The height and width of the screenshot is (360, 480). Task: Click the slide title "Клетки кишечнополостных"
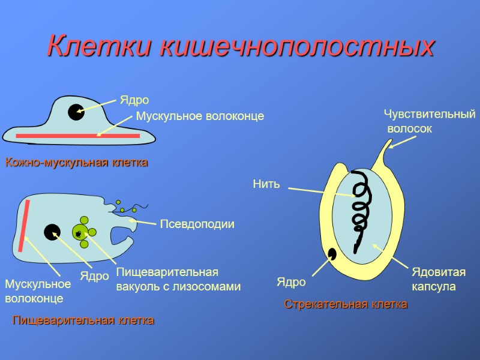[x=240, y=46]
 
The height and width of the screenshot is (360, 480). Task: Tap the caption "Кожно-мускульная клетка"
[x=76, y=163]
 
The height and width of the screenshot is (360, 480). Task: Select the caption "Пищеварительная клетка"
[x=83, y=320]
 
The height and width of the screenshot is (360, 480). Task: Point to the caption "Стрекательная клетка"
[x=346, y=304]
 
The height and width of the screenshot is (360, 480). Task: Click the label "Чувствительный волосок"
[x=428, y=121]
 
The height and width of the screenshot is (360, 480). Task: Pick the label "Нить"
[x=266, y=184]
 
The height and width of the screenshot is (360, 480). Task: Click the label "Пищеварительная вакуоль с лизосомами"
[x=178, y=279]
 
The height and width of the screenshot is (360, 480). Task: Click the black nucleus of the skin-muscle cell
[x=76, y=112]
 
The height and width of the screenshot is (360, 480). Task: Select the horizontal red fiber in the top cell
[x=77, y=136]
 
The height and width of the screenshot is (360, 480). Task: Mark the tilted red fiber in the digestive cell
[x=24, y=226]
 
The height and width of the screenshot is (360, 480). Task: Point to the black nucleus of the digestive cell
[x=52, y=232]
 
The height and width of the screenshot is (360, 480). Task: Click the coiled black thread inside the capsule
[x=361, y=207]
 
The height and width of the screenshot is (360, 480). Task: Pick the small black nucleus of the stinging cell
[x=331, y=254]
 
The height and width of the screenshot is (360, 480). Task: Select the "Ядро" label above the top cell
[x=134, y=100]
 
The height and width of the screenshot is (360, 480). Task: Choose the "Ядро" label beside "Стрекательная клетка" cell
[x=291, y=282]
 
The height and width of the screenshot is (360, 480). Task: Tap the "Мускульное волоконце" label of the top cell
[x=200, y=116]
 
